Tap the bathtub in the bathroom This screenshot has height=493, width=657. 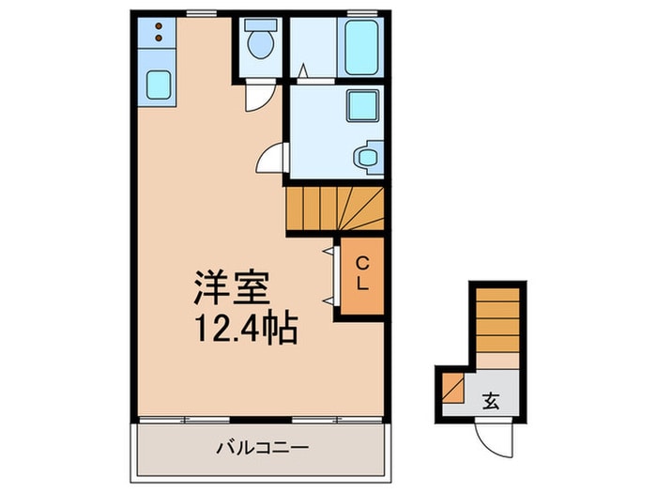tap(360, 47)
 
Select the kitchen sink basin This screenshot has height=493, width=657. tap(158, 86)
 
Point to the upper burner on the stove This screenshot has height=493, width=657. tap(158, 25)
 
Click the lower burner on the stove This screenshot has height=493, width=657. tap(158, 38)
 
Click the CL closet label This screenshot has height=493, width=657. tap(361, 271)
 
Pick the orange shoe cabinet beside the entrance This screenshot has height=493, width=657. tap(452, 387)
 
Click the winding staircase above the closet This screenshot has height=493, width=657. tap(333, 208)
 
